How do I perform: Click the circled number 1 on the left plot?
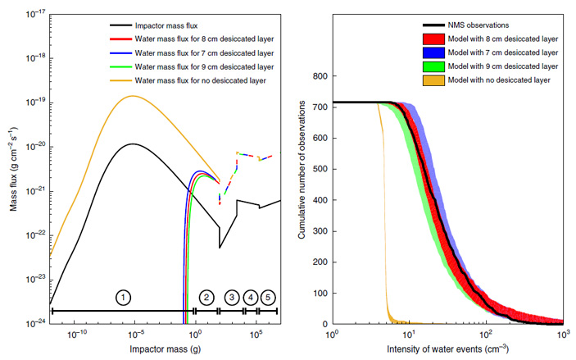(122, 296)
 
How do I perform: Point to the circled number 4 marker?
(251, 296)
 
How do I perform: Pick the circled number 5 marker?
(268, 296)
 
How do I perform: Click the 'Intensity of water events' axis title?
(447, 349)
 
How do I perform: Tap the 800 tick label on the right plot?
(320, 76)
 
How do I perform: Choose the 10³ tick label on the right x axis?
(563, 334)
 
